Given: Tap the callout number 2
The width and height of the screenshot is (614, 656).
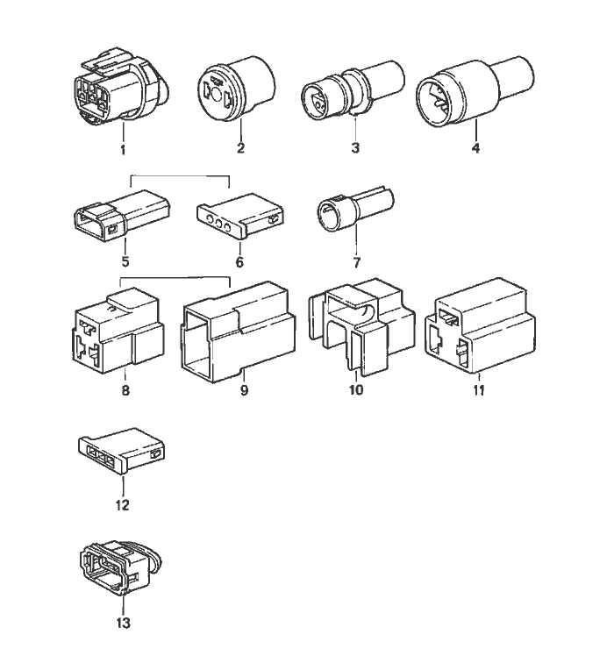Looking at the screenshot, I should [239, 148].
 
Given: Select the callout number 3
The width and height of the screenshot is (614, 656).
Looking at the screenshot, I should [355, 148].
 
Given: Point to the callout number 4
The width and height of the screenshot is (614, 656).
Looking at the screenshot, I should [475, 148].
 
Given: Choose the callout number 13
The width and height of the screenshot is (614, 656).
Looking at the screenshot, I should [122, 624].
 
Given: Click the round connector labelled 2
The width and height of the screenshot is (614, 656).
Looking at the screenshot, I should [238, 88].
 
